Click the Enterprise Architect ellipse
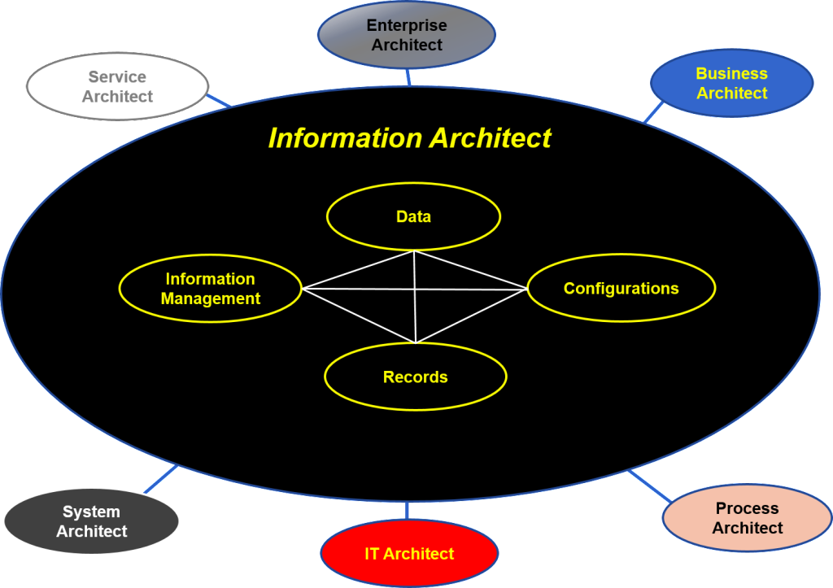(x=406, y=36)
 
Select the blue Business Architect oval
(x=731, y=83)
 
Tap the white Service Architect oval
(x=117, y=86)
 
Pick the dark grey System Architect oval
(x=91, y=521)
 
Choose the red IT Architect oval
(x=408, y=554)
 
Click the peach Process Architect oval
(x=747, y=518)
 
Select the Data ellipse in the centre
(x=413, y=216)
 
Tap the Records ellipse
(x=415, y=377)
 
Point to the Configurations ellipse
(x=621, y=288)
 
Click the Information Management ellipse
(x=210, y=289)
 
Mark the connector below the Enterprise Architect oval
(x=408, y=77)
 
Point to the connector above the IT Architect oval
(x=406, y=511)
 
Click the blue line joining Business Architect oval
(x=653, y=111)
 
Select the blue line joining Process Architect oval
(x=650, y=486)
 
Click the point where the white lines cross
(x=415, y=289)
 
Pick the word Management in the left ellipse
(x=210, y=298)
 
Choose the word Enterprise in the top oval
(x=406, y=26)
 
